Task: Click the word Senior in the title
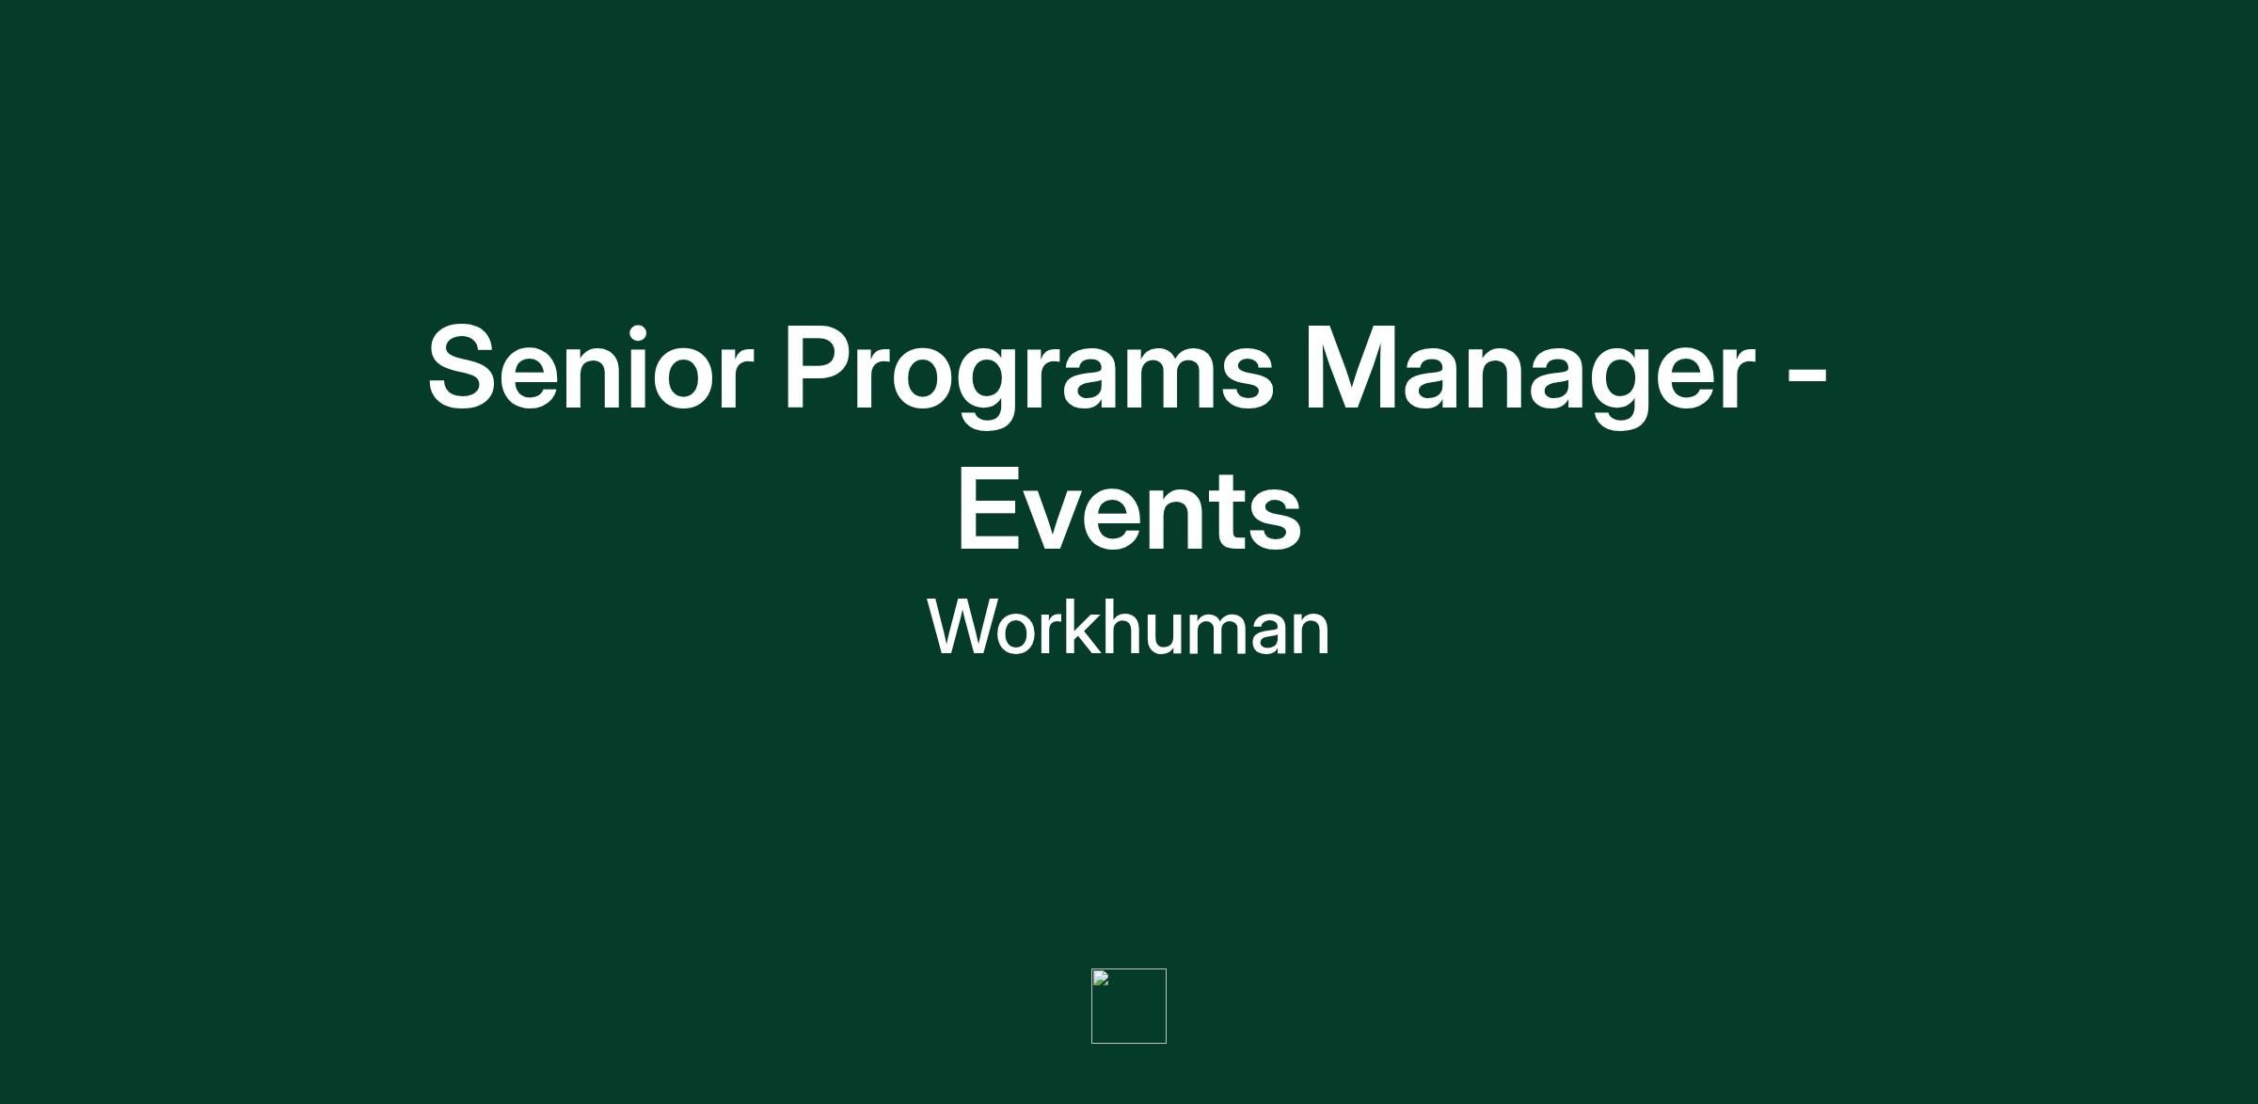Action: tap(590, 368)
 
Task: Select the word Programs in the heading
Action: tap(1027, 375)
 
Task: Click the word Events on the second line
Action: tap(1129, 511)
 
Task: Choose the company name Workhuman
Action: tap(1128, 627)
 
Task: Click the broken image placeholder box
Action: tap(1129, 1006)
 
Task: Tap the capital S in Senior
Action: tap(462, 368)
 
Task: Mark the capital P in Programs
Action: tap(818, 367)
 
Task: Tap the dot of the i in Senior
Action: tap(640, 332)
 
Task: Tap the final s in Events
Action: tap(1276, 521)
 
